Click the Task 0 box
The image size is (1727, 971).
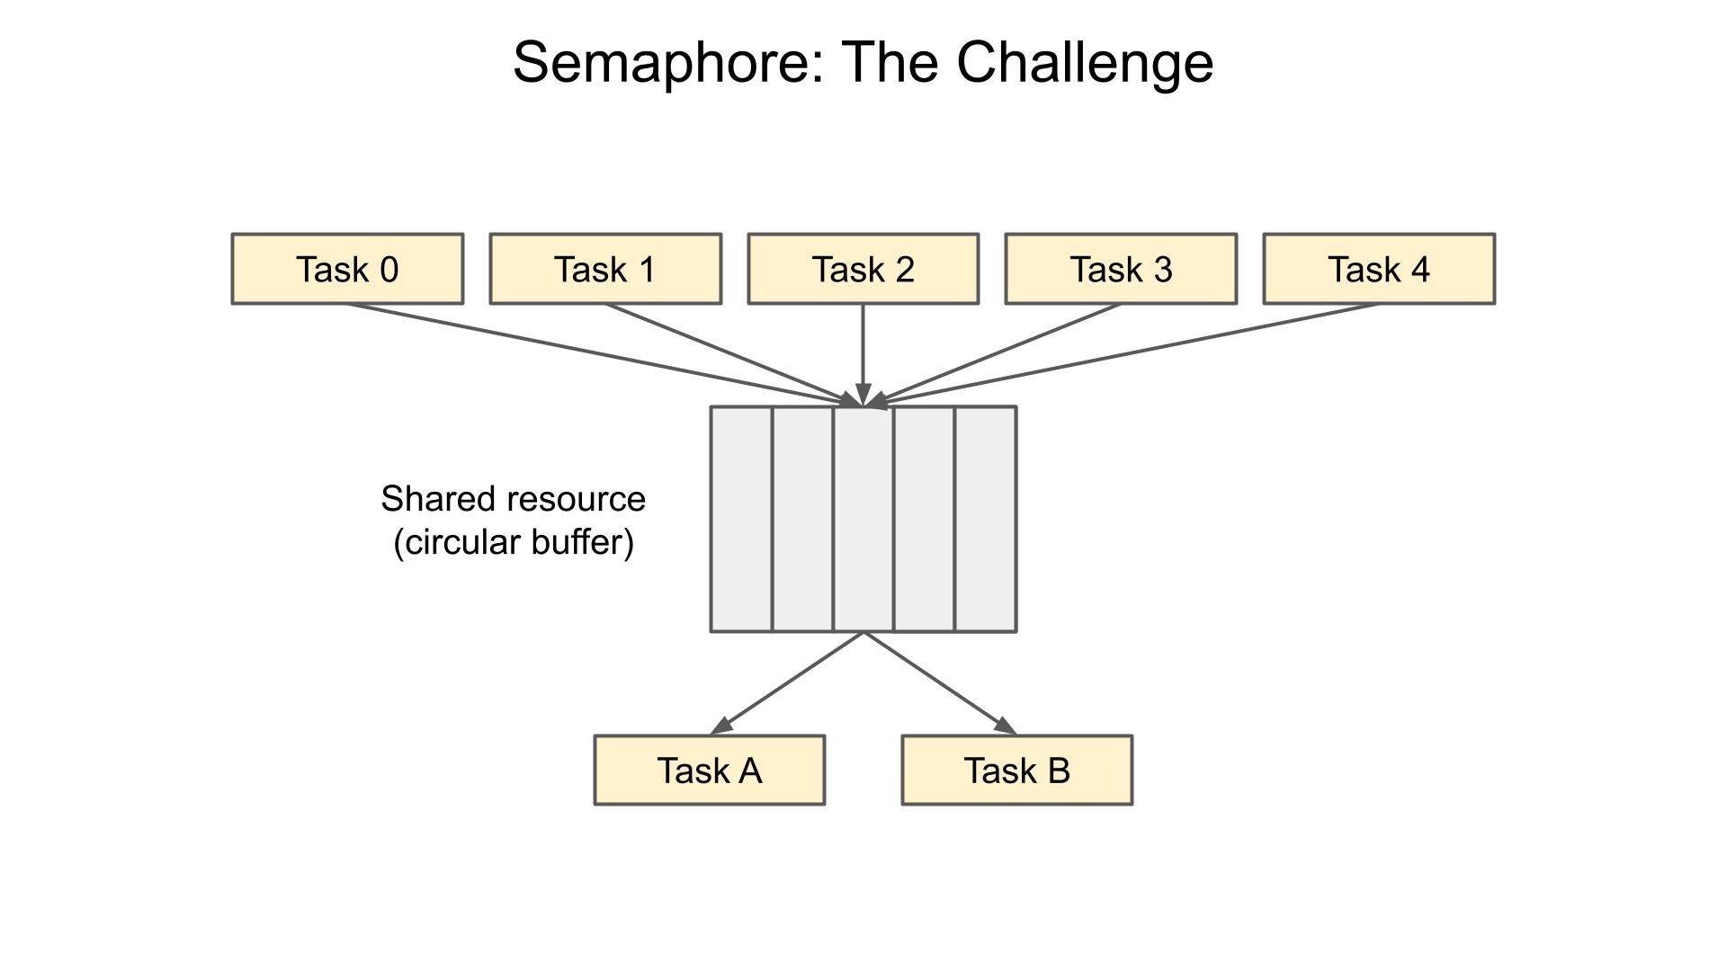click(x=347, y=269)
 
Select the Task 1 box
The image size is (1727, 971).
click(x=605, y=269)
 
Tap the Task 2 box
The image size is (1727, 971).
click(x=863, y=269)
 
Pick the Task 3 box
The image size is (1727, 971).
click(x=1121, y=269)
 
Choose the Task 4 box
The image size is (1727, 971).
click(x=1379, y=269)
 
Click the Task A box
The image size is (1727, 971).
click(x=710, y=771)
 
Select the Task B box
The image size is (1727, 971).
click(x=1017, y=771)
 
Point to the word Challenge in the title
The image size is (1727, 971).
click(x=1084, y=63)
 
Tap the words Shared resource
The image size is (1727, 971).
click(x=513, y=499)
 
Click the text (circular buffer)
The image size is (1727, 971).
click(x=514, y=542)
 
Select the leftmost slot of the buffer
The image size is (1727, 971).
click(x=742, y=519)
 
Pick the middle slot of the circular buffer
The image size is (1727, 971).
click(x=863, y=519)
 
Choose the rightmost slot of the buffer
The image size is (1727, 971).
click(x=986, y=519)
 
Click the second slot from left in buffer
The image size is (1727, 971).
click(x=803, y=519)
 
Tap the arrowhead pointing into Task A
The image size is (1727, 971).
click(x=721, y=726)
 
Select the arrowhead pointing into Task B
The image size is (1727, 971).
click(x=1006, y=726)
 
